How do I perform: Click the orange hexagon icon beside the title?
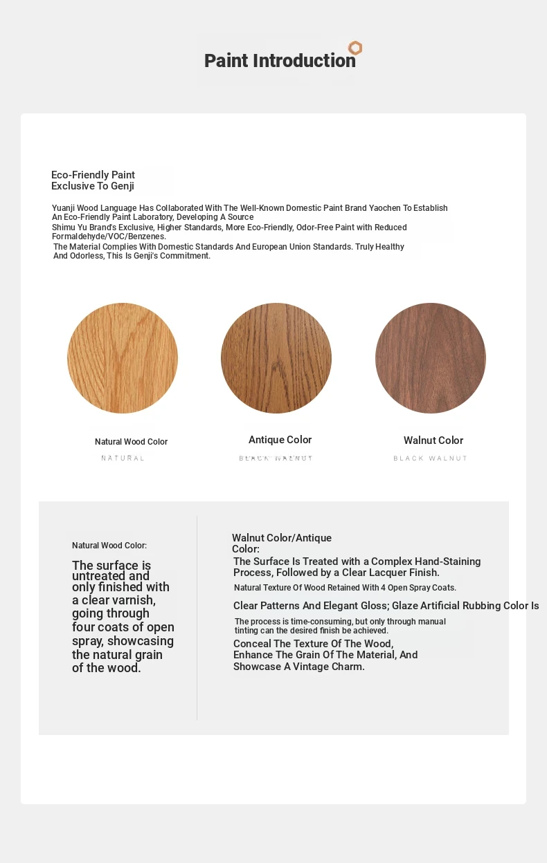[355, 48]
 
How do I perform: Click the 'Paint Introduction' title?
[280, 61]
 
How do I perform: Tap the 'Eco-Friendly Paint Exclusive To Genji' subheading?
[93, 180]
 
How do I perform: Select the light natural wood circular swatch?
[123, 358]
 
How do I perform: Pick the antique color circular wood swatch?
[276, 358]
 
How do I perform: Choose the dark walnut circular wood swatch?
[431, 358]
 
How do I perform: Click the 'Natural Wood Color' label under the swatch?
[131, 442]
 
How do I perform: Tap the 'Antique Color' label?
[280, 440]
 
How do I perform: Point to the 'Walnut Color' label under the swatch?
[433, 440]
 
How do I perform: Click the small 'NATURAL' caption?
[123, 458]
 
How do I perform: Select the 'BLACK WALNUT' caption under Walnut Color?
[431, 458]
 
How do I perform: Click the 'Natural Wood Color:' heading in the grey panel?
[109, 546]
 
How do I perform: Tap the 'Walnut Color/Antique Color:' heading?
[281, 543]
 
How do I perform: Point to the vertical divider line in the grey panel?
[197, 618]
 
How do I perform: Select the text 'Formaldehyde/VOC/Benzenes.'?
[109, 236]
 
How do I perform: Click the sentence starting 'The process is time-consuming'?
[340, 626]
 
